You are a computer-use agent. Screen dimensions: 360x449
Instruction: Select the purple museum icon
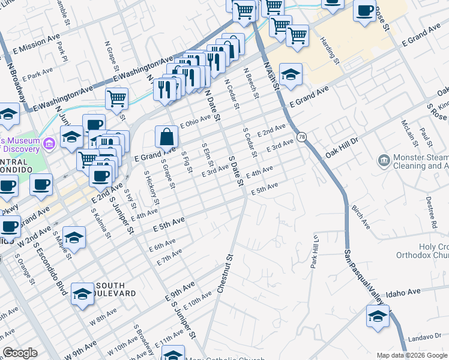pos(50,143)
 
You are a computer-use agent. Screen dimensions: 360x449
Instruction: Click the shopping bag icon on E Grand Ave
pos(166,137)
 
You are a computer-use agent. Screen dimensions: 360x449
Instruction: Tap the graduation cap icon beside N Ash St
pos(291,74)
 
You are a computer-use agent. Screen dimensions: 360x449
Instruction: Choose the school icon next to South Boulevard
pos(82,294)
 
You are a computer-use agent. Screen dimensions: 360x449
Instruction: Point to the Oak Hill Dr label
pos(342,147)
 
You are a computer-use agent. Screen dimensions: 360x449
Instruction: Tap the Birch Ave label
pos(363,220)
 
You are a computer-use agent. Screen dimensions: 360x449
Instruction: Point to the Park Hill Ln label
pos(314,251)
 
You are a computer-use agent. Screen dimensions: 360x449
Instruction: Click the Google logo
pos(20,353)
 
